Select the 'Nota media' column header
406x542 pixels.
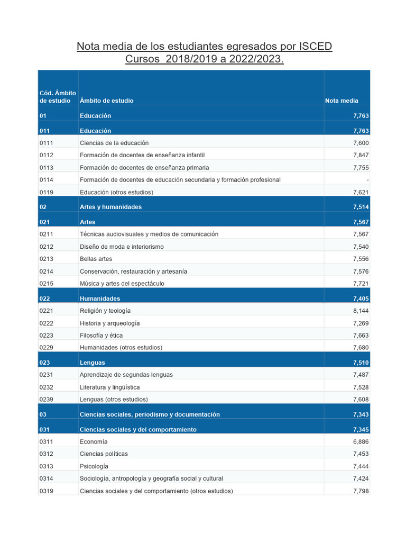[x=342, y=101]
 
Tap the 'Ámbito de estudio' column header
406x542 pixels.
[x=107, y=101]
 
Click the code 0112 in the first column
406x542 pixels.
[x=47, y=155]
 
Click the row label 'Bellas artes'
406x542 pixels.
[x=96, y=259]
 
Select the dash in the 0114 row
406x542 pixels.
[x=367, y=180]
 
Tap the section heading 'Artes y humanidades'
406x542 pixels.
[x=110, y=207]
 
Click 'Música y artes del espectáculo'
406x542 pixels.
[x=122, y=284]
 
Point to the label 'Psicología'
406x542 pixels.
[x=94, y=466]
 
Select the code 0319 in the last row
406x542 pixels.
[x=47, y=491]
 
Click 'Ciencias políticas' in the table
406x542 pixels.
[x=104, y=454]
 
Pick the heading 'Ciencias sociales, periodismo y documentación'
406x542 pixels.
[x=150, y=414]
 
